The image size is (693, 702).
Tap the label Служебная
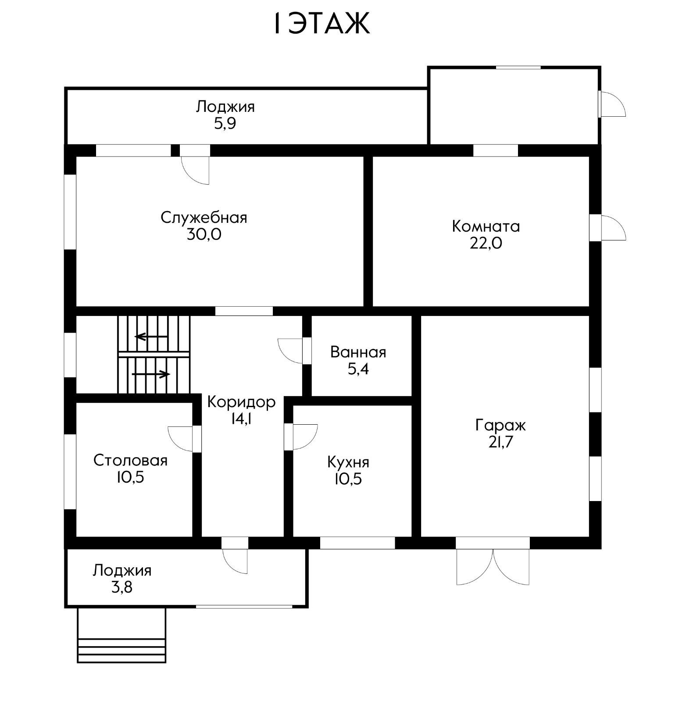(204, 218)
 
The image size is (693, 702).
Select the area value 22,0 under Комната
(486, 243)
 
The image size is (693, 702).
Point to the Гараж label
(500, 425)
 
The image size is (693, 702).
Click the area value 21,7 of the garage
(500, 442)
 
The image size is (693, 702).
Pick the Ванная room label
(358, 352)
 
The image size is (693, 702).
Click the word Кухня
(348, 462)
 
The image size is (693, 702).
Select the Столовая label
(130, 460)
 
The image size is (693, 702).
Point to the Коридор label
(241, 402)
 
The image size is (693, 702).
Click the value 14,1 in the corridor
(241, 419)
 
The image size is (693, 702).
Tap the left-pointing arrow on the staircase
(151, 337)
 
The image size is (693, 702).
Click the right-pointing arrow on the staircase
(151, 374)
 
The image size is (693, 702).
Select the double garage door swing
(493, 566)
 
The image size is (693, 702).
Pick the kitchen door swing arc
(305, 437)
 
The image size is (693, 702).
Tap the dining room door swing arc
(180, 438)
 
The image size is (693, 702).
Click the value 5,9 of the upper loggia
(225, 124)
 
